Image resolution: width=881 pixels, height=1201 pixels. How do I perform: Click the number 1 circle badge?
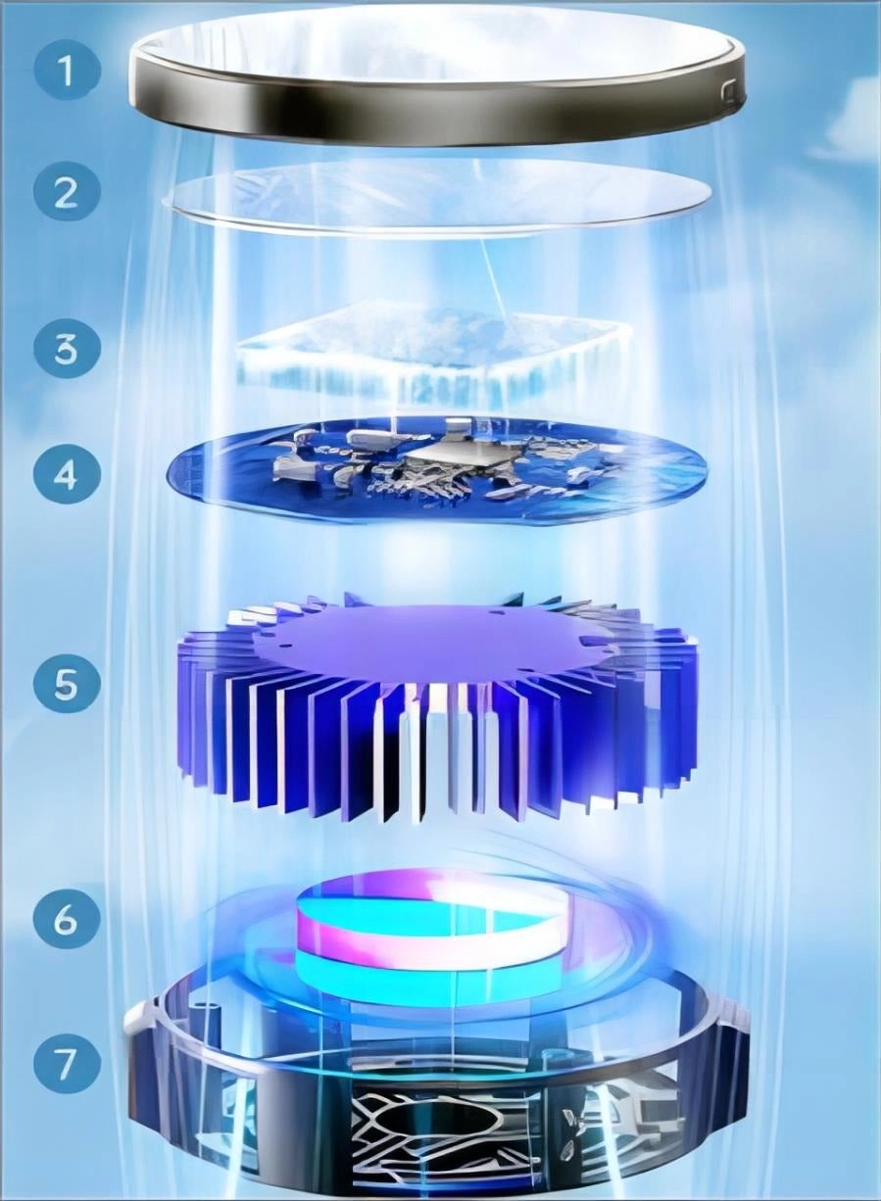66,71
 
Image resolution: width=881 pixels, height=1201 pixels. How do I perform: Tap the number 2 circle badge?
66,191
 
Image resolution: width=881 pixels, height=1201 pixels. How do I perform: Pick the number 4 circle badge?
66,474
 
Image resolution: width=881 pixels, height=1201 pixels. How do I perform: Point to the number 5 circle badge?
66,683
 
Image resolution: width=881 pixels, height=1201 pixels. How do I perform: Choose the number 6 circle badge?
66,920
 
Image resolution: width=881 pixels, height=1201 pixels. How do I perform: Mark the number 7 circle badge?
66,1064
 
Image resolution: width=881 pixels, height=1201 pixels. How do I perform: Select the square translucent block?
431,358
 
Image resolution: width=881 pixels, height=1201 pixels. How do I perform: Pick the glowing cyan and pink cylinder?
431,931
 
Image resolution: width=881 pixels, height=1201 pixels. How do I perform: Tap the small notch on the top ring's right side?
726,93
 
